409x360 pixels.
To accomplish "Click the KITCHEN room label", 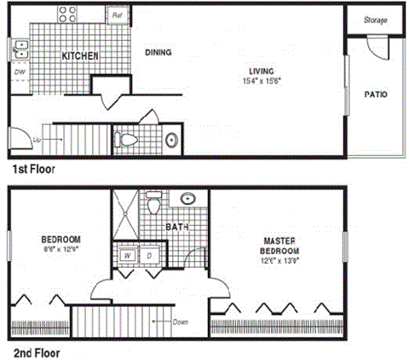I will click(x=81, y=56).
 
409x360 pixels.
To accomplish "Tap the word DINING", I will click(x=158, y=52).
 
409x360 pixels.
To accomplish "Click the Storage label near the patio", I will click(x=375, y=20).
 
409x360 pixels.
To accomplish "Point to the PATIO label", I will click(x=376, y=95).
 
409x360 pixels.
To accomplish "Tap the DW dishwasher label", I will click(x=19, y=73).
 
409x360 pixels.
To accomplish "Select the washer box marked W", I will click(x=127, y=255).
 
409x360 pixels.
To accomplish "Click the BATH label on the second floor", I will click(x=176, y=228).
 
